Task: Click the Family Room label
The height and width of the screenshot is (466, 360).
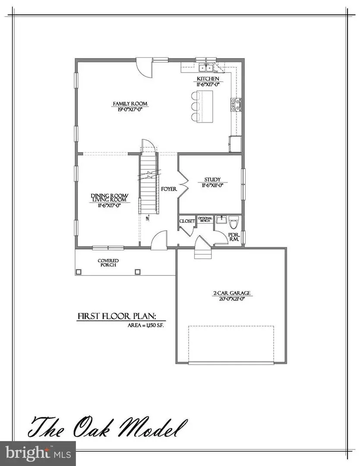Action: pyautogui.click(x=130, y=104)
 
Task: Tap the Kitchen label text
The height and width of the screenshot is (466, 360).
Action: pyautogui.click(x=208, y=79)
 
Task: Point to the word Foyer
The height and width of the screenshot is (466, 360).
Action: pyautogui.click(x=167, y=189)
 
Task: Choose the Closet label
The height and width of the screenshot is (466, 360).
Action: pyautogui.click(x=187, y=221)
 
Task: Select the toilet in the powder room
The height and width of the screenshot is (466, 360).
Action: pyautogui.click(x=234, y=223)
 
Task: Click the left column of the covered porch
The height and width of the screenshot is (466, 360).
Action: pyautogui.click(x=79, y=272)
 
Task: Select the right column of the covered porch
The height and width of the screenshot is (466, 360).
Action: pyautogui.click(x=138, y=272)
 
